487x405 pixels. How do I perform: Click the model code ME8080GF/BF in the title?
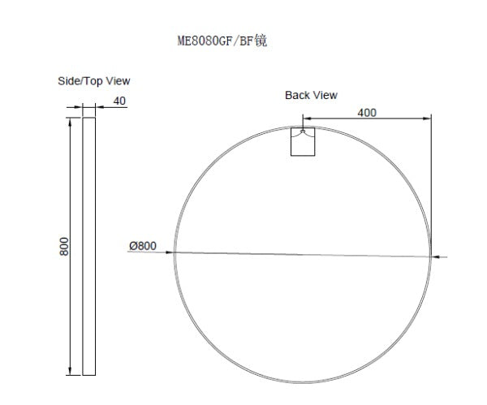[213, 41]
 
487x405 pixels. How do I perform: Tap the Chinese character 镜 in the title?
[261, 41]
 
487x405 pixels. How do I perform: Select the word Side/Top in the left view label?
[78, 81]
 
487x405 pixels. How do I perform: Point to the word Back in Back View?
[297, 95]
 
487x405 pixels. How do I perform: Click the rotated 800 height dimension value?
[65, 246]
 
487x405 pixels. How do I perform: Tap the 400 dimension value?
[366, 113]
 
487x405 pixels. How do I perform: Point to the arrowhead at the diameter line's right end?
[436, 257]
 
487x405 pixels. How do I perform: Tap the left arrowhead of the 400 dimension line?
[307, 120]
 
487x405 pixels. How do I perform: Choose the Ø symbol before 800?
[131, 245]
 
